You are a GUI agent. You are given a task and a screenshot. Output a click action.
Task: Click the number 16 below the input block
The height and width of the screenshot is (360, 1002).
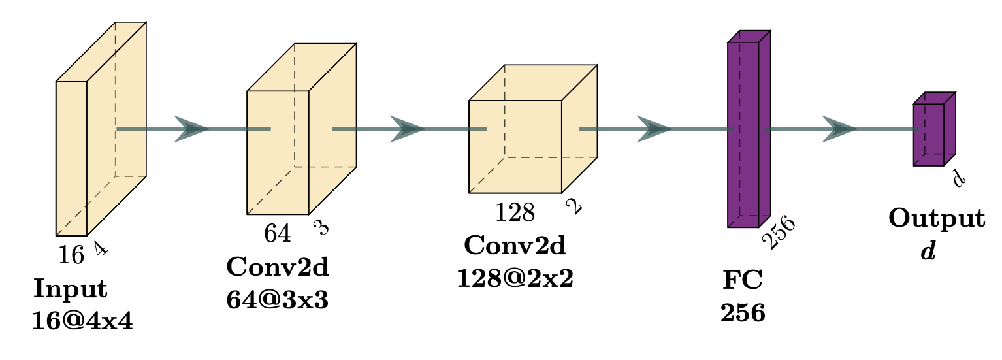point(71,255)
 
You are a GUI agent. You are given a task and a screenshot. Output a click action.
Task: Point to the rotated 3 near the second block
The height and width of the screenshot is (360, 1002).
point(321,227)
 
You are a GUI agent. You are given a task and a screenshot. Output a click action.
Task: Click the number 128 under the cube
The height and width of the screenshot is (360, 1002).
point(515,212)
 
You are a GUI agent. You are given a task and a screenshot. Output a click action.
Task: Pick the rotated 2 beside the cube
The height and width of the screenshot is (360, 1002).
point(573,207)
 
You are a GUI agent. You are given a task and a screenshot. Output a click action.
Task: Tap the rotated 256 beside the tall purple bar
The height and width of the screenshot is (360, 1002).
point(779,233)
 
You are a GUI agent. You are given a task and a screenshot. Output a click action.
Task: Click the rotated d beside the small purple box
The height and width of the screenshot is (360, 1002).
point(958,177)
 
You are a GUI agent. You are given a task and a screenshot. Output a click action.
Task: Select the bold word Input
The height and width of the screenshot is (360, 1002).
point(71,288)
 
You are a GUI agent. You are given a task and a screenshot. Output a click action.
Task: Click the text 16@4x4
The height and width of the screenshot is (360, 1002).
point(82,321)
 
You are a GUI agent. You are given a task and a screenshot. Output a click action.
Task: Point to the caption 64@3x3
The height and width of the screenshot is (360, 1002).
point(277,300)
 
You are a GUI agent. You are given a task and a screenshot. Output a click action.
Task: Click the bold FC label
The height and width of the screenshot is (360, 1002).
point(743,280)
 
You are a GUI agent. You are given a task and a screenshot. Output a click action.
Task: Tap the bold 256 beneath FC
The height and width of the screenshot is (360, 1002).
point(743,314)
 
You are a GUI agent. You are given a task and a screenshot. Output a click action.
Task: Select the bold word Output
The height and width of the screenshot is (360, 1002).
point(936,219)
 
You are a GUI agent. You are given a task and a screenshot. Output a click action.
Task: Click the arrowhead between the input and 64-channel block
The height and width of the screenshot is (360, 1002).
point(191,129)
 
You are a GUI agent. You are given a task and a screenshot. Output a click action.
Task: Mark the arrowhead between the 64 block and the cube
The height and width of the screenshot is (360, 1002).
point(408,129)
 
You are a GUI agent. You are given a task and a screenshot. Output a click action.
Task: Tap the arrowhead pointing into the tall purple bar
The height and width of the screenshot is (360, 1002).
point(654,129)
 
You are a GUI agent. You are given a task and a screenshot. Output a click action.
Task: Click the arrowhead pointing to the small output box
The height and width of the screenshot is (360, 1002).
point(839,129)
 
